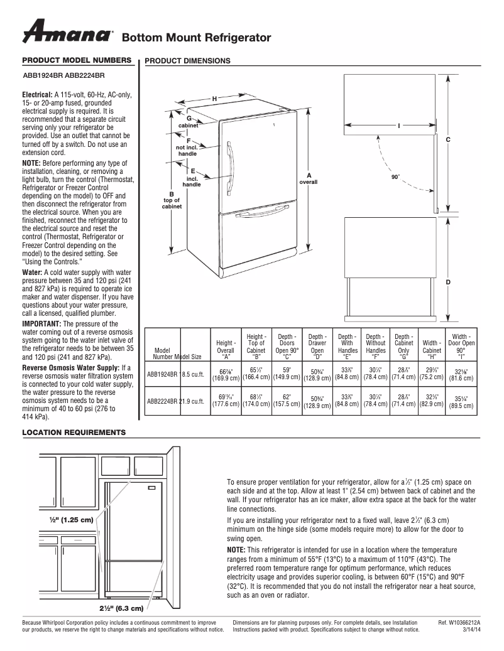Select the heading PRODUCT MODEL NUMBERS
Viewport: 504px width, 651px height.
click(x=77, y=60)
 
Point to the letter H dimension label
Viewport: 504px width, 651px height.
click(x=214, y=99)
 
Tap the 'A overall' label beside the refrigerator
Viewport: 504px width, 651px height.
click(x=309, y=178)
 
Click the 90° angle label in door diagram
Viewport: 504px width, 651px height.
click(x=395, y=177)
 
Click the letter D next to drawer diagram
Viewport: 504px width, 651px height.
click(x=448, y=282)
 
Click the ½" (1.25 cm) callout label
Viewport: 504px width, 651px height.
click(x=71, y=520)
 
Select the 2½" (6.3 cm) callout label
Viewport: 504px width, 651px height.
click(x=121, y=608)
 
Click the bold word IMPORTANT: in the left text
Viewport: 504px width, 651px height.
click(x=41, y=323)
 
